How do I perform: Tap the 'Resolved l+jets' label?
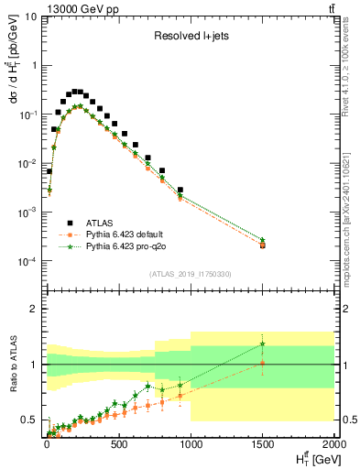188,37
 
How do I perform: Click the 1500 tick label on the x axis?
263,445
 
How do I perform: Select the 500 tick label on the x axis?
118,445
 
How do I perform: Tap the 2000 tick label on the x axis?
333,445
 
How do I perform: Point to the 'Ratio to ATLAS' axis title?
13,363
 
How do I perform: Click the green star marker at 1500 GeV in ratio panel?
263,344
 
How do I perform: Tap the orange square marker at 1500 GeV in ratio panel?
263,363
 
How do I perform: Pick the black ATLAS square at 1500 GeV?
263,245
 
